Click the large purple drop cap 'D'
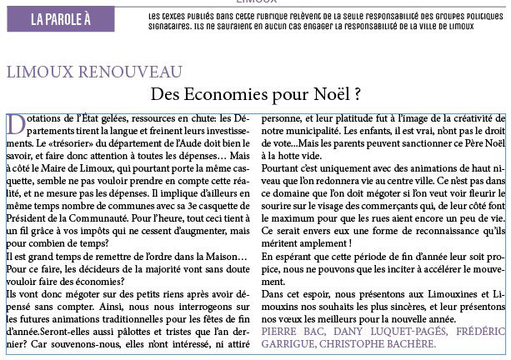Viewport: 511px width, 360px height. click(15, 123)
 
